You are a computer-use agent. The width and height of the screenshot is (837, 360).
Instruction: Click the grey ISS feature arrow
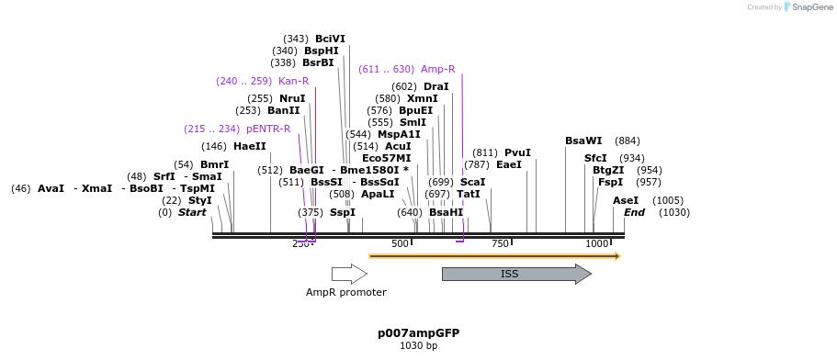[515, 274]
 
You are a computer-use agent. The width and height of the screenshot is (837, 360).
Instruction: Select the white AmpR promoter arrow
[349, 274]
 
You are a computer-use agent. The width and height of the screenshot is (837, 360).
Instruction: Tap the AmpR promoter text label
[346, 292]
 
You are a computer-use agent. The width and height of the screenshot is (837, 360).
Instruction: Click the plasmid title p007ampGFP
[418, 332]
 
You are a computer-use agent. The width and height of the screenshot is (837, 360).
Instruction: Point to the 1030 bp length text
[418, 346]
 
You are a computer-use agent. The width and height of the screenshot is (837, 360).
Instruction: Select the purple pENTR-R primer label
[268, 129]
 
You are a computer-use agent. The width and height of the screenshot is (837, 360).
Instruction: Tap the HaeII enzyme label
[249, 146]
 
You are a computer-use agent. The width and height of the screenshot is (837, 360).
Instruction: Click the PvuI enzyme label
[517, 152]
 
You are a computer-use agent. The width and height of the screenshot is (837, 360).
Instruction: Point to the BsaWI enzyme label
[583, 141]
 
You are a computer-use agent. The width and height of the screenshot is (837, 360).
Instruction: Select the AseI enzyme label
[625, 200]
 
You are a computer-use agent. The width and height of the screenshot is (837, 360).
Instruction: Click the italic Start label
[192, 212]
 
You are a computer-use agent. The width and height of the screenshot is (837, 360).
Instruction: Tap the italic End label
[634, 212]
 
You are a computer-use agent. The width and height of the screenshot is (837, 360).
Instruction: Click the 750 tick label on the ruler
[500, 243]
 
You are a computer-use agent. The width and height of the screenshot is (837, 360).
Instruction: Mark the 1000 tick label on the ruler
[597, 243]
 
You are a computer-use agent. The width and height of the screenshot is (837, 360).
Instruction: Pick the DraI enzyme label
[435, 86]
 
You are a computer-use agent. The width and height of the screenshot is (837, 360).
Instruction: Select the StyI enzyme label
[199, 200]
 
